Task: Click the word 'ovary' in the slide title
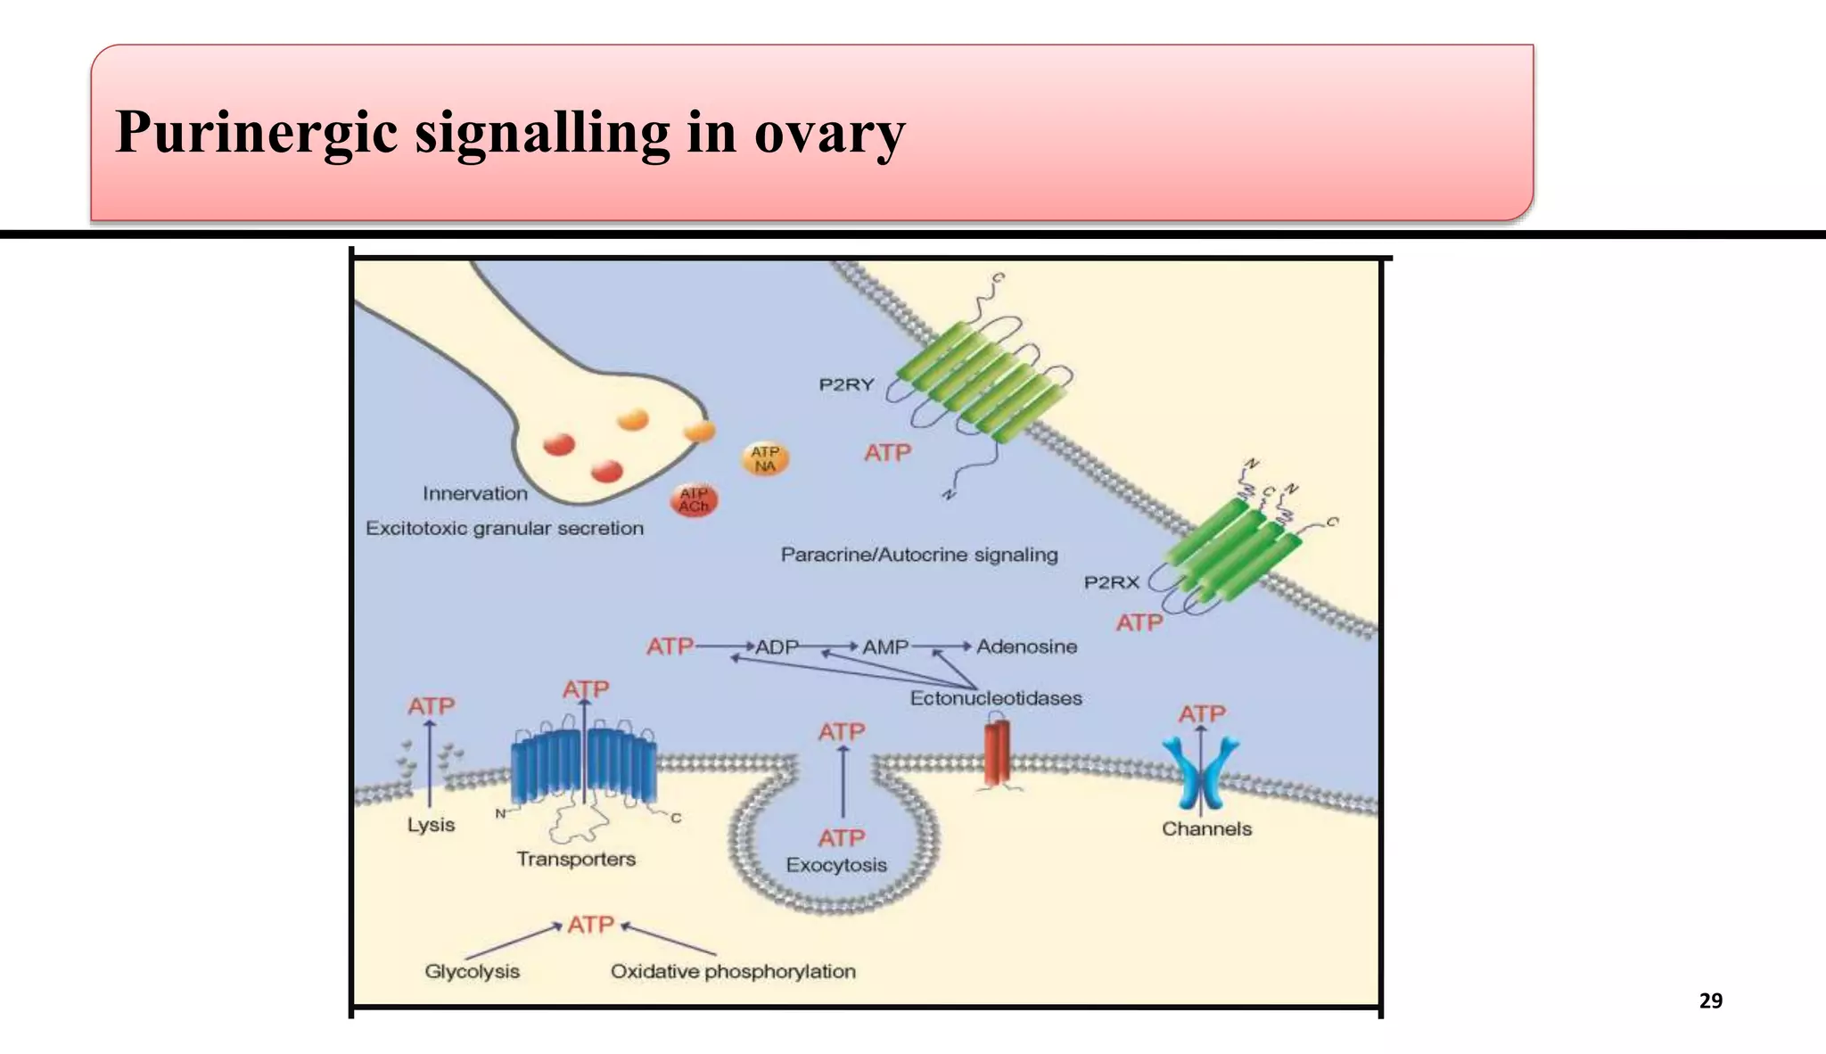pos(829,134)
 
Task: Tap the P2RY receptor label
pos(846,385)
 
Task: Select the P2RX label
pos(1111,582)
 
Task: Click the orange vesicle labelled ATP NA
pos(765,459)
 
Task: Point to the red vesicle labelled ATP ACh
pos(694,500)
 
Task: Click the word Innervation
pos(475,493)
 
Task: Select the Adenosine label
pos(1026,646)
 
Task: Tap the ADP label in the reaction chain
pos(777,647)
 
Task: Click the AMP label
pos(884,647)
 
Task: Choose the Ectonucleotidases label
pos(996,698)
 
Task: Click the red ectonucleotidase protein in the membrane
pos(997,753)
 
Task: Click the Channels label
pos(1206,829)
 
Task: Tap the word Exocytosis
pos(836,865)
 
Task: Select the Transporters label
pos(576,859)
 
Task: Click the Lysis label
pos(431,825)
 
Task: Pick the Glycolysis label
pos(472,971)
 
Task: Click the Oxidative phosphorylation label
pos(733,971)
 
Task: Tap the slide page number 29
pos(1710,1000)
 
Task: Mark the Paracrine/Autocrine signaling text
pos(919,555)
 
